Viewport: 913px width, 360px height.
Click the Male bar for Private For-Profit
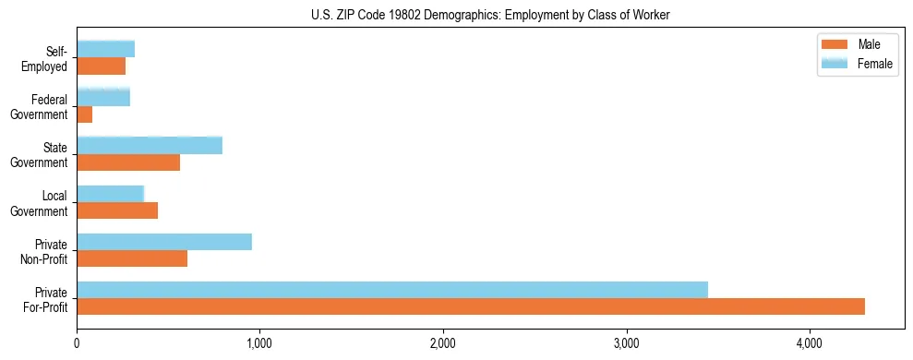point(471,306)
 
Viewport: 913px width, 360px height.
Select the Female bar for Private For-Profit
point(392,290)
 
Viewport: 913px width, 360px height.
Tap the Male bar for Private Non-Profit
point(132,258)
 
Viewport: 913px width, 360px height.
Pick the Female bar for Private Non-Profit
point(164,242)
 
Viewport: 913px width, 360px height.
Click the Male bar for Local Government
point(117,210)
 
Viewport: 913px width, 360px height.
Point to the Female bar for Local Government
point(110,194)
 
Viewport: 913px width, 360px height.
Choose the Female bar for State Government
point(150,146)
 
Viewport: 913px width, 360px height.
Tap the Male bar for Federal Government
point(85,114)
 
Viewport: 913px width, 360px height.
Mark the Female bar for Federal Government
point(103,98)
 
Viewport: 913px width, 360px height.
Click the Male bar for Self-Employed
point(102,66)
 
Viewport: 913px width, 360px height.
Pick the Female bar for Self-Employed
point(106,50)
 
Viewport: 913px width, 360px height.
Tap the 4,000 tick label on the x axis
point(810,343)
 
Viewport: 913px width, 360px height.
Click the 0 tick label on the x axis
point(77,343)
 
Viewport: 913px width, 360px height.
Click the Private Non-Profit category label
point(47,250)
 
